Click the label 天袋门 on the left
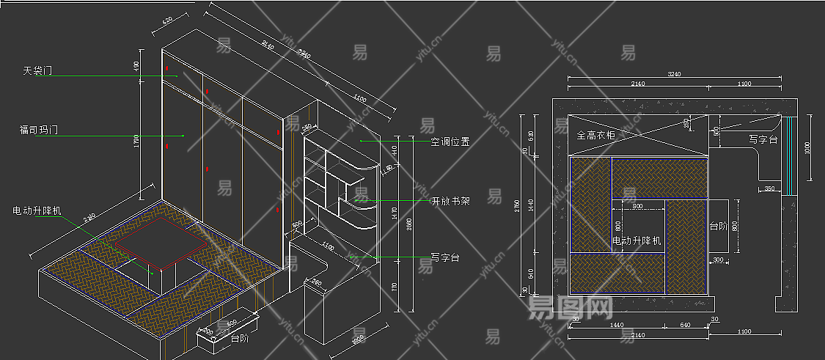coord(38,71)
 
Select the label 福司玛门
coord(38,131)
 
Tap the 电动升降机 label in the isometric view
coord(37,210)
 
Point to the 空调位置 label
coord(450,142)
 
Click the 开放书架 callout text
coord(450,201)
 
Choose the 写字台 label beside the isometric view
coord(445,258)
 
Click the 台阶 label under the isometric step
coord(239,339)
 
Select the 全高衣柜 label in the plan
coord(596,135)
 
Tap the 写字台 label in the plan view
coord(763,139)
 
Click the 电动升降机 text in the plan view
coord(636,240)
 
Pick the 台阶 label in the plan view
coord(718,227)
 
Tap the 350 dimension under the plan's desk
coord(769,189)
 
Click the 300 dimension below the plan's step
coord(717,260)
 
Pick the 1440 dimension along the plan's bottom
coord(616,324)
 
